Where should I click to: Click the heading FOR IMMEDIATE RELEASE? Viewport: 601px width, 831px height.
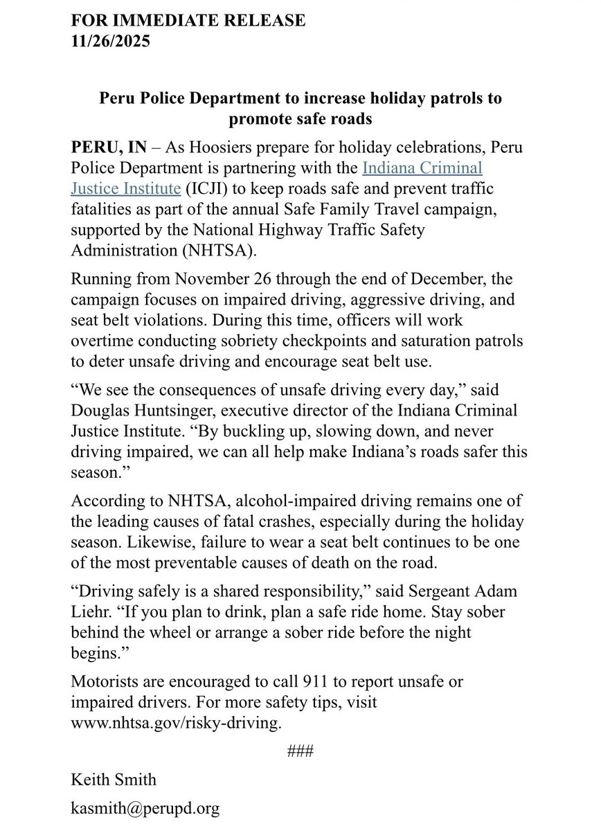(x=188, y=21)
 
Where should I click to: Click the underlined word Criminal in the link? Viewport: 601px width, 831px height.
(x=447, y=168)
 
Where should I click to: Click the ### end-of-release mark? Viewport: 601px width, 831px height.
(x=300, y=751)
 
